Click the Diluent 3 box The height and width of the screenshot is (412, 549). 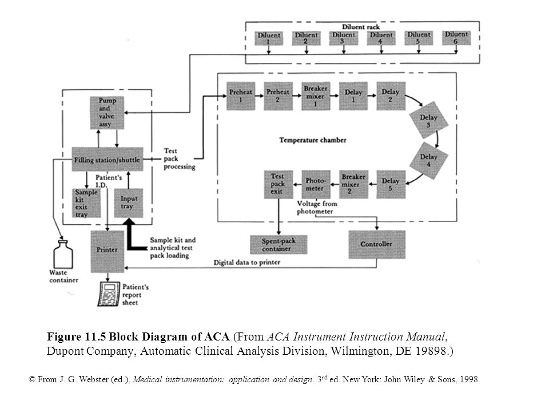[x=344, y=38]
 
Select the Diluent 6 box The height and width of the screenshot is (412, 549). [x=456, y=38]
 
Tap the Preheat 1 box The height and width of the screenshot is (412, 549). [x=241, y=96]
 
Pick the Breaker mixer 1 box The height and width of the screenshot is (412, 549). [x=316, y=96]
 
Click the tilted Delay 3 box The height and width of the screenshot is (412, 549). [x=428, y=120]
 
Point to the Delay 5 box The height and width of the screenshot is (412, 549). [x=391, y=185]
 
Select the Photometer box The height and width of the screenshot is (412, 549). [x=316, y=185]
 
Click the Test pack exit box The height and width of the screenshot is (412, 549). [x=279, y=185]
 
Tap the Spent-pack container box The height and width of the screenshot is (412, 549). [x=279, y=244]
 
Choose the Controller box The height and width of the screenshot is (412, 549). [x=377, y=244]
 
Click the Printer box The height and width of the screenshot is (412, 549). [x=108, y=252]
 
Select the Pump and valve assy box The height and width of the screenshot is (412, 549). [x=107, y=113]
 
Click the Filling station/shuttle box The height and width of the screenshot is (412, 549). [x=108, y=160]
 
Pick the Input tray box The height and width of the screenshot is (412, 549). [x=129, y=203]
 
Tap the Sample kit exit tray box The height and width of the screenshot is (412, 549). [x=86, y=203]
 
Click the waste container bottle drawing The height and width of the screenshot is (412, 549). [x=63, y=254]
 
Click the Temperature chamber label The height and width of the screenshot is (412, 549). [x=313, y=140]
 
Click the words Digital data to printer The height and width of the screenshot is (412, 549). [x=247, y=262]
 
